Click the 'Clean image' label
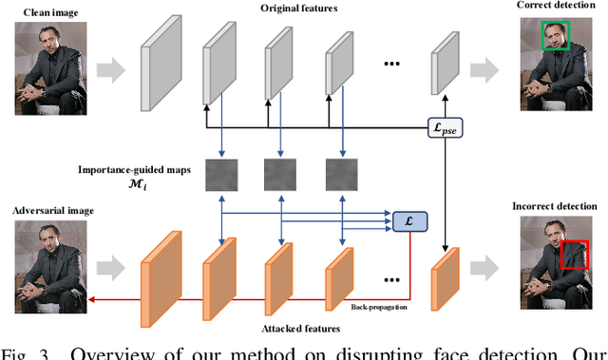point(41,10)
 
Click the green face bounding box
point(554,37)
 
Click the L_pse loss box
point(444,127)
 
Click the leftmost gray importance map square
point(219,175)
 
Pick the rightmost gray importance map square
point(341,175)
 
